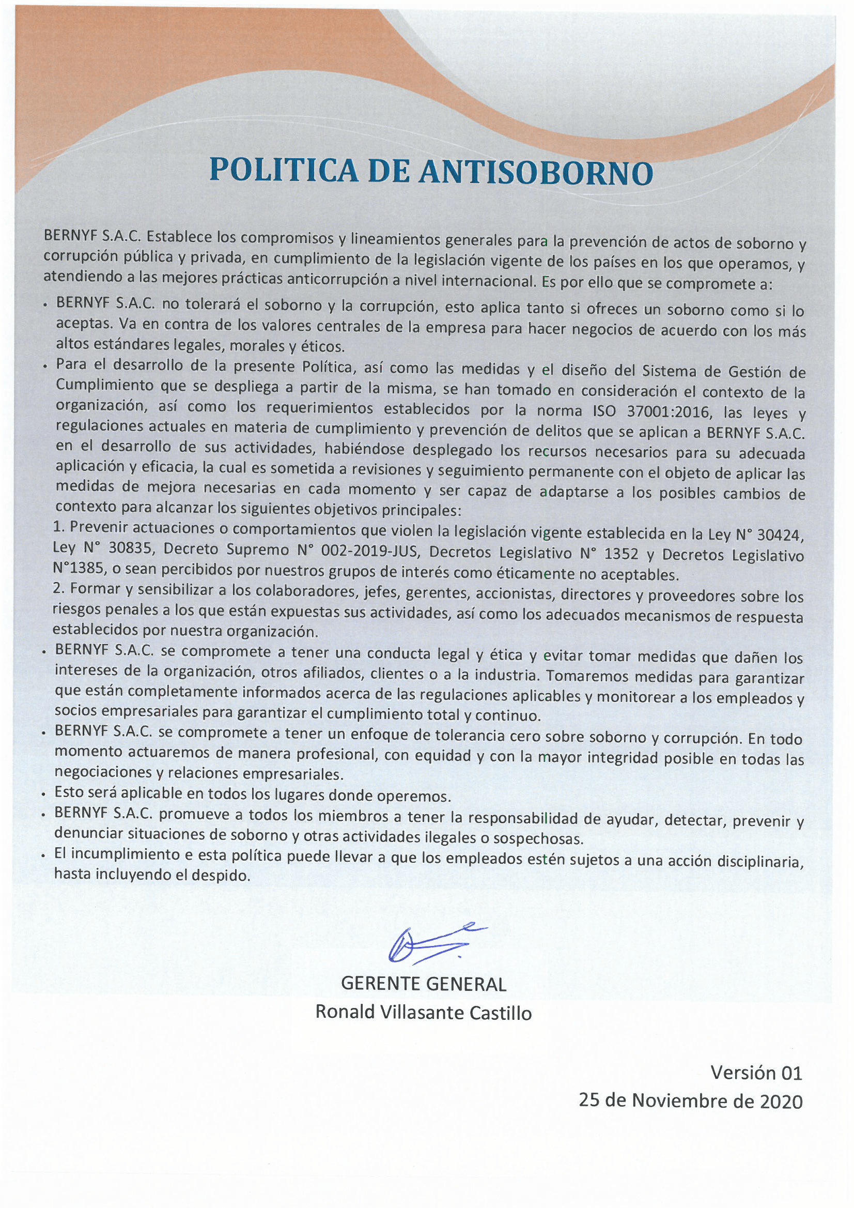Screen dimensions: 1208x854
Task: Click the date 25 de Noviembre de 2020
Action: [x=690, y=1100]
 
